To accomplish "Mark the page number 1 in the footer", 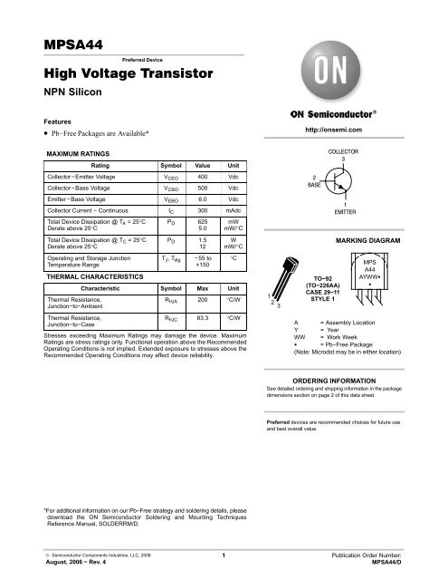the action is tap(223, 552).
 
